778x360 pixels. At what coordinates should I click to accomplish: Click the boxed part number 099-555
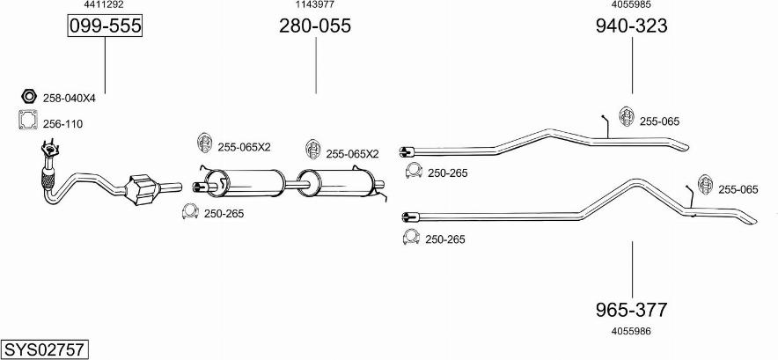pos(105,26)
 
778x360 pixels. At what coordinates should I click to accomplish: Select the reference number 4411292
pos(105,5)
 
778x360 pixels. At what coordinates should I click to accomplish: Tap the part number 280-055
pos(315,26)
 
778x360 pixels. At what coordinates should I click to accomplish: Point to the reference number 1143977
pos(315,5)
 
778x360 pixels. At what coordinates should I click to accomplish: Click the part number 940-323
pos(631,26)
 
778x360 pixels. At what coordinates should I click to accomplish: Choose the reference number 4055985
pos(631,5)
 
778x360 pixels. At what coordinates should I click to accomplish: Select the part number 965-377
pos(631,310)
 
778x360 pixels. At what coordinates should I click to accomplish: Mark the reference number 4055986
pos(631,331)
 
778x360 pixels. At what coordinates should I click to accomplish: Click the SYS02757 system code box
pos(44,349)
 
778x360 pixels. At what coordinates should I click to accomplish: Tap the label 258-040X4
pos(69,99)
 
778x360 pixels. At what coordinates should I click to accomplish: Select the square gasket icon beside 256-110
pos(28,121)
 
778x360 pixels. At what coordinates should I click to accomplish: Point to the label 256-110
pos(62,124)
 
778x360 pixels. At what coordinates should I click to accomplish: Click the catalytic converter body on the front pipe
pos(143,189)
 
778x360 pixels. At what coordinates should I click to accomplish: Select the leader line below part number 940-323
pos(631,66)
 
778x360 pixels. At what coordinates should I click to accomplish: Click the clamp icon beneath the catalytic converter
pos(188,211)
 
